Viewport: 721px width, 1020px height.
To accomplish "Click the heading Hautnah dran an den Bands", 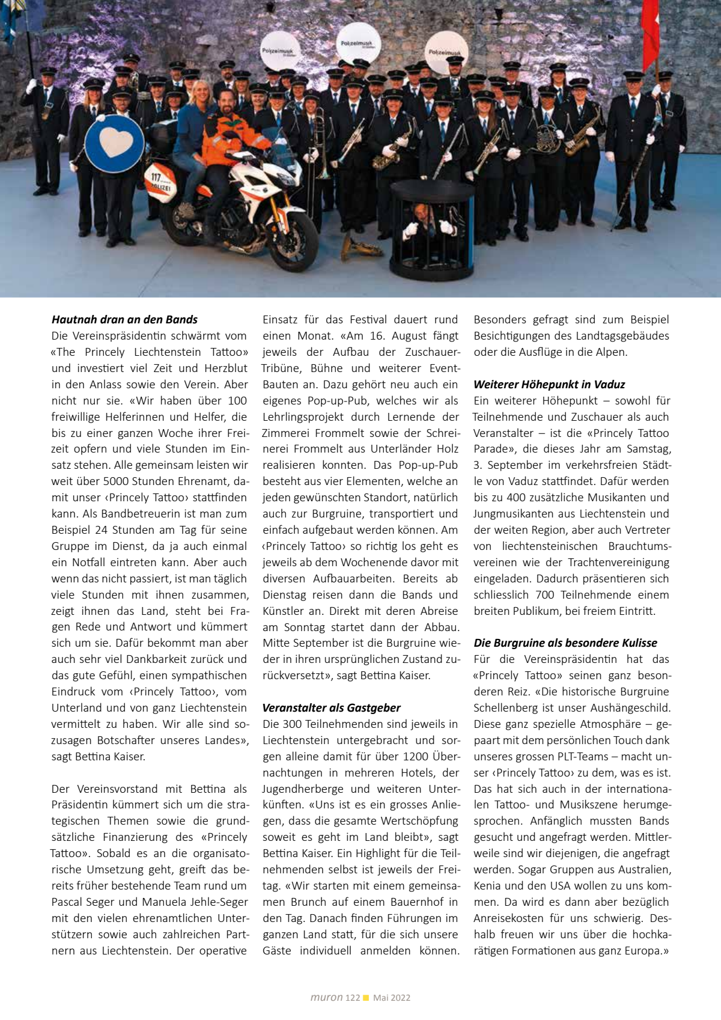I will pos(124,320).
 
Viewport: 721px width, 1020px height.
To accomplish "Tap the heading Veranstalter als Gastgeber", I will pos(331,708).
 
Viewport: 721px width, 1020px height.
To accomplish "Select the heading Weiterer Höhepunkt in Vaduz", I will pos(549,385).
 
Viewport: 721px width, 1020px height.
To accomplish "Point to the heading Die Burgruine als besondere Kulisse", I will pos(565,643).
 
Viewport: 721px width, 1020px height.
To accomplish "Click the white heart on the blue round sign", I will pos(115,142).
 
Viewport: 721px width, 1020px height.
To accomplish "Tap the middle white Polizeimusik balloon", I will pos(358,43).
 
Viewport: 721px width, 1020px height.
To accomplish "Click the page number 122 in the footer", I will pos(353,998).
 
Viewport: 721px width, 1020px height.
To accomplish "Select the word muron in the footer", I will pos(327,998).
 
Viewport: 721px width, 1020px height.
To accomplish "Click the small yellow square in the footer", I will pos(367,998).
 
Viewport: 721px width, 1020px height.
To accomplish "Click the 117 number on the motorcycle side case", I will pos(156,178).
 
